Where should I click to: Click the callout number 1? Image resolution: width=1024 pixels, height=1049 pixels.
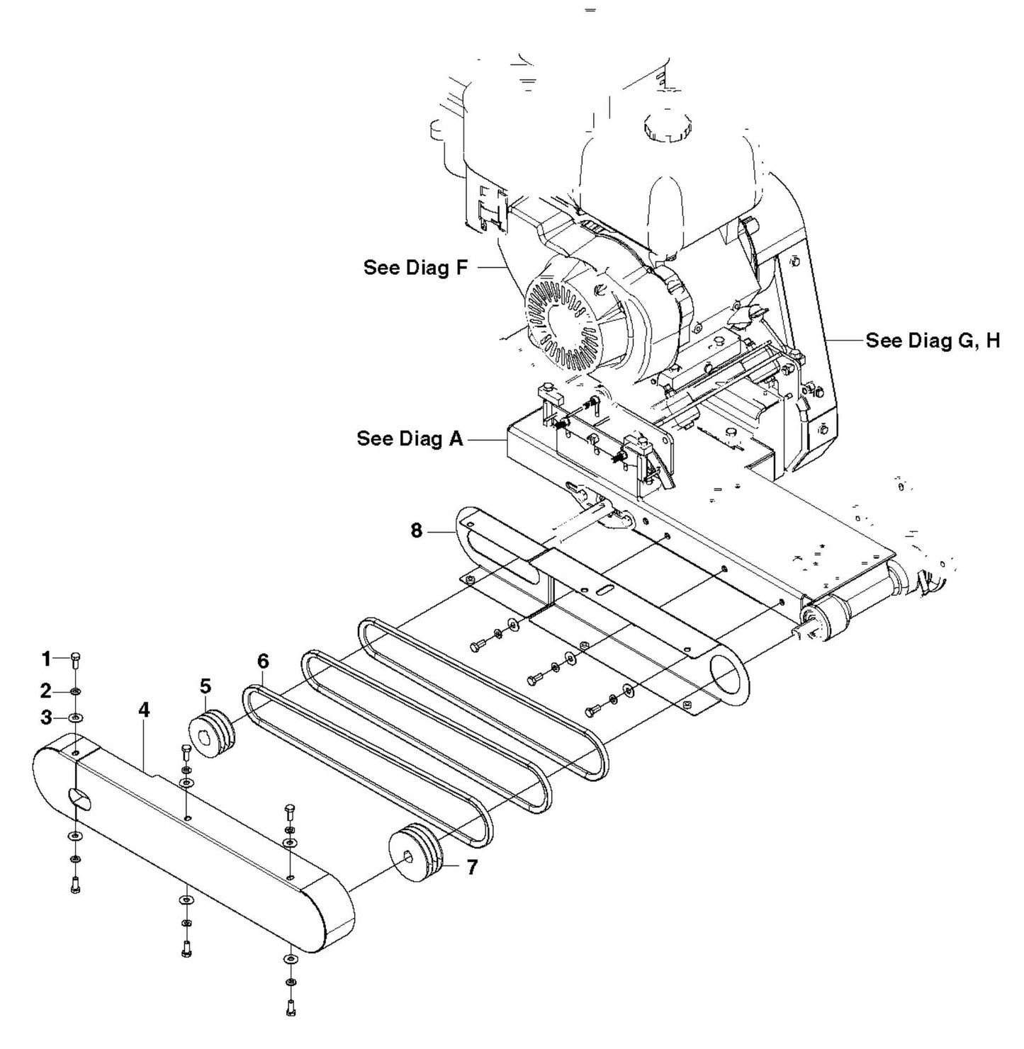(x=46, y=659)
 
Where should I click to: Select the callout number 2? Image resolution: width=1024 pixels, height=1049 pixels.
(x=46, y=691)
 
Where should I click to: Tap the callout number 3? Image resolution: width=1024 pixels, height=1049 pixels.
(x=46, y=718)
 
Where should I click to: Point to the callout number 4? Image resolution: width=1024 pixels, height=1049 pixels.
(x=144, y=710)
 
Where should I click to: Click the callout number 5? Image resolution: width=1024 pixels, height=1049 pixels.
(x=205, y=686)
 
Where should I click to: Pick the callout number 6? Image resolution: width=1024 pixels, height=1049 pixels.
(x=263, y=662)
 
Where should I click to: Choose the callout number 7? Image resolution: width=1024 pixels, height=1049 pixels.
(x=472, y=866)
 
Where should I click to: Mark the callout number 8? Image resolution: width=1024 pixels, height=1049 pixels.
(x=417, y=530)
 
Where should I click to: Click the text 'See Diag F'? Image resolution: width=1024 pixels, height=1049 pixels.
(x=416, y=268)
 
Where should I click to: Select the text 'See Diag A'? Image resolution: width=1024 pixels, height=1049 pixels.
(x=410, y=438)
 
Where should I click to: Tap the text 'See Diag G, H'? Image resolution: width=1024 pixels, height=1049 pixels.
(x=933, y=341)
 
